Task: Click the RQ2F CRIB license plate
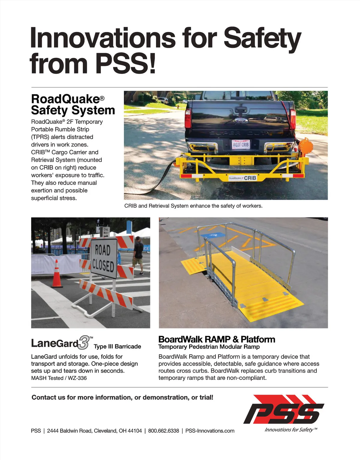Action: coord(241,144)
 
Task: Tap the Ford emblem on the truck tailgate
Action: coord(239,121)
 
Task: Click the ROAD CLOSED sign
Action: coord(103,258)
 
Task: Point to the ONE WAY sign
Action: coord(106,231)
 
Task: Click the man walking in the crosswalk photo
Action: coord(138,255)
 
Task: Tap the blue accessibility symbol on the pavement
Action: coord(213,236)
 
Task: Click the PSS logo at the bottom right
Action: coord(283,410)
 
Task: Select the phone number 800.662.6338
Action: coord(163,431)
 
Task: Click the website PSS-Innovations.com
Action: coord(210,431)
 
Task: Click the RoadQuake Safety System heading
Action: coord(73,104)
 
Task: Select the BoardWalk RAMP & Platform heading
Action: coord(217,339)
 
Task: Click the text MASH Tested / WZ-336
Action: coord(59,378)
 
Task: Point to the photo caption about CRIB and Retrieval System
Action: coord(193,206)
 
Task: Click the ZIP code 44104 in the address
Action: coord(135,431)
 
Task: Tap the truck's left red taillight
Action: coord(188,118)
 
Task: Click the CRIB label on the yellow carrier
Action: coord(250,178)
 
